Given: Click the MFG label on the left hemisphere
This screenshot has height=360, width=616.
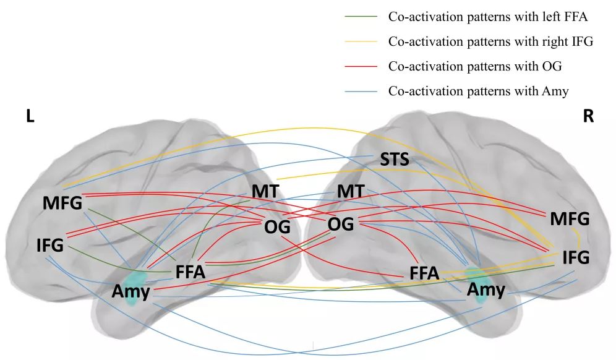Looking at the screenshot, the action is click(x=62, y=203).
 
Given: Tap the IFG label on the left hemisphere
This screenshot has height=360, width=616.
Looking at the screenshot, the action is click(x=50, y=245).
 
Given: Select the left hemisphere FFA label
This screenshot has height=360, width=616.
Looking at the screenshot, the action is click(x=190, y=272).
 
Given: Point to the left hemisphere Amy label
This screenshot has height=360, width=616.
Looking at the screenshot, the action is click(x=131, y=291).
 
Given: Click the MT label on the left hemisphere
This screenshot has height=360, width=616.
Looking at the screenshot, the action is click(x=265, y=191).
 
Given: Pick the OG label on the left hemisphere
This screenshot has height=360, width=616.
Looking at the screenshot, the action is click(x=277, y=227).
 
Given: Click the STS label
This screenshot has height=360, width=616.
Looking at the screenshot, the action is click(x=395, y=159).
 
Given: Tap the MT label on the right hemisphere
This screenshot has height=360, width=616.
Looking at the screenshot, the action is click(x=351, y=191).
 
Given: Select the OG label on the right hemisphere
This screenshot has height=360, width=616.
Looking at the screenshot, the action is click(x=341, y=225).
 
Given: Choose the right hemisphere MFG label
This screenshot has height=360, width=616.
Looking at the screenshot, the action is click(x=570, y=219).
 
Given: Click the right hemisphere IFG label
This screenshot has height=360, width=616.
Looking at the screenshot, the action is click(x=576, y=257).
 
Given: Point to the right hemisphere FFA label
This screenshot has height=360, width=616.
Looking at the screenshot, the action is click(x=424, y=273).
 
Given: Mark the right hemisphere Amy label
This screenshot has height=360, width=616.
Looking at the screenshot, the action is click(x=486, y=290).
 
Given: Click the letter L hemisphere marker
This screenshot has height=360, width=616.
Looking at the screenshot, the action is click(x=30, y=116).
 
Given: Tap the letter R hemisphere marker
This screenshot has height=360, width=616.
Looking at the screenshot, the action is click(x=588, y=116).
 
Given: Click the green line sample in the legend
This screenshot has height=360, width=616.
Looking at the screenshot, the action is click(x=361, y=17).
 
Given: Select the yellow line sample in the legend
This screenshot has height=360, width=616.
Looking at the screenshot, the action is click(x=361, y=41).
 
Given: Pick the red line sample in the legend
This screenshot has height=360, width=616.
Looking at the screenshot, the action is click(x=361, y=66).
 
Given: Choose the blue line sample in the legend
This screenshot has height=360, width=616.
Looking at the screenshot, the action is click(x=361, y=92).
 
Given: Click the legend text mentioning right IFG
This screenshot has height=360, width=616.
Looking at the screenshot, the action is click(x=490, y=41).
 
